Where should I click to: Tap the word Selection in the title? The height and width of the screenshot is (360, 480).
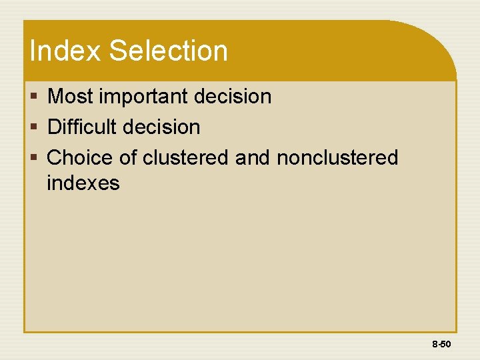pyautogui.click(x=168, y=51)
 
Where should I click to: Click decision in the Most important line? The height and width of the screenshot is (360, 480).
pyautogui.click(x=233, y=97)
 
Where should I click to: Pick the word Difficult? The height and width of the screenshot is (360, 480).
pyautogui.click(x=86, y=127)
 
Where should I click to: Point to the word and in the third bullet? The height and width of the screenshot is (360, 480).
pyautogui.click(x=253, y=158)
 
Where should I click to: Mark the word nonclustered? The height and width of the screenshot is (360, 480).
pyautogui.click(x=337, y=158)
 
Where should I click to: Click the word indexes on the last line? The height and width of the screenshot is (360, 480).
pyautogui.click(x=83, y=183)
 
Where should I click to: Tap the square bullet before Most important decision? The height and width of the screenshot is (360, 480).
pyautogui.click(x=34, y=97)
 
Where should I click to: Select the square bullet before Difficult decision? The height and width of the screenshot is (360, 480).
pyautogui.click(x=34, y=127)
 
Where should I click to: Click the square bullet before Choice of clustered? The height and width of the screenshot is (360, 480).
pyautogui.click(x=34, y=159)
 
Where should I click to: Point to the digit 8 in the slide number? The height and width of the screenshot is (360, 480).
pyautogui.click(x=435, y=345)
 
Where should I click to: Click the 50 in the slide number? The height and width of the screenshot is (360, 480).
pyautogui.click(x=446, y=345)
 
